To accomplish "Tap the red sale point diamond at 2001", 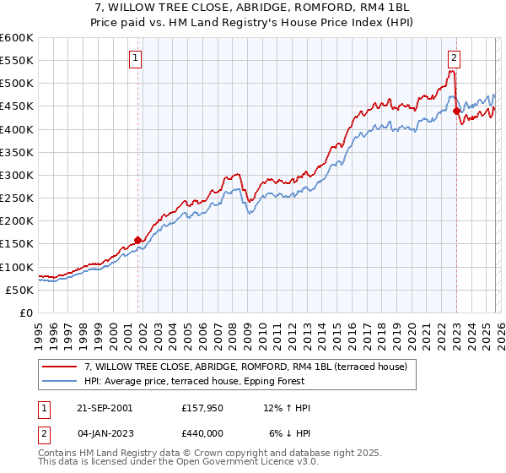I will click(138, 240).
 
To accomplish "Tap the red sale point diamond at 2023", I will click(456, 111).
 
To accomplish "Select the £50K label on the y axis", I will click(19, 290).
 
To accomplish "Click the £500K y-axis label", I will click(17, 84).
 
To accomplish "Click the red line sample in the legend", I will click(61, 367).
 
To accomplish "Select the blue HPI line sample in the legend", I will click(61, 381).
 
